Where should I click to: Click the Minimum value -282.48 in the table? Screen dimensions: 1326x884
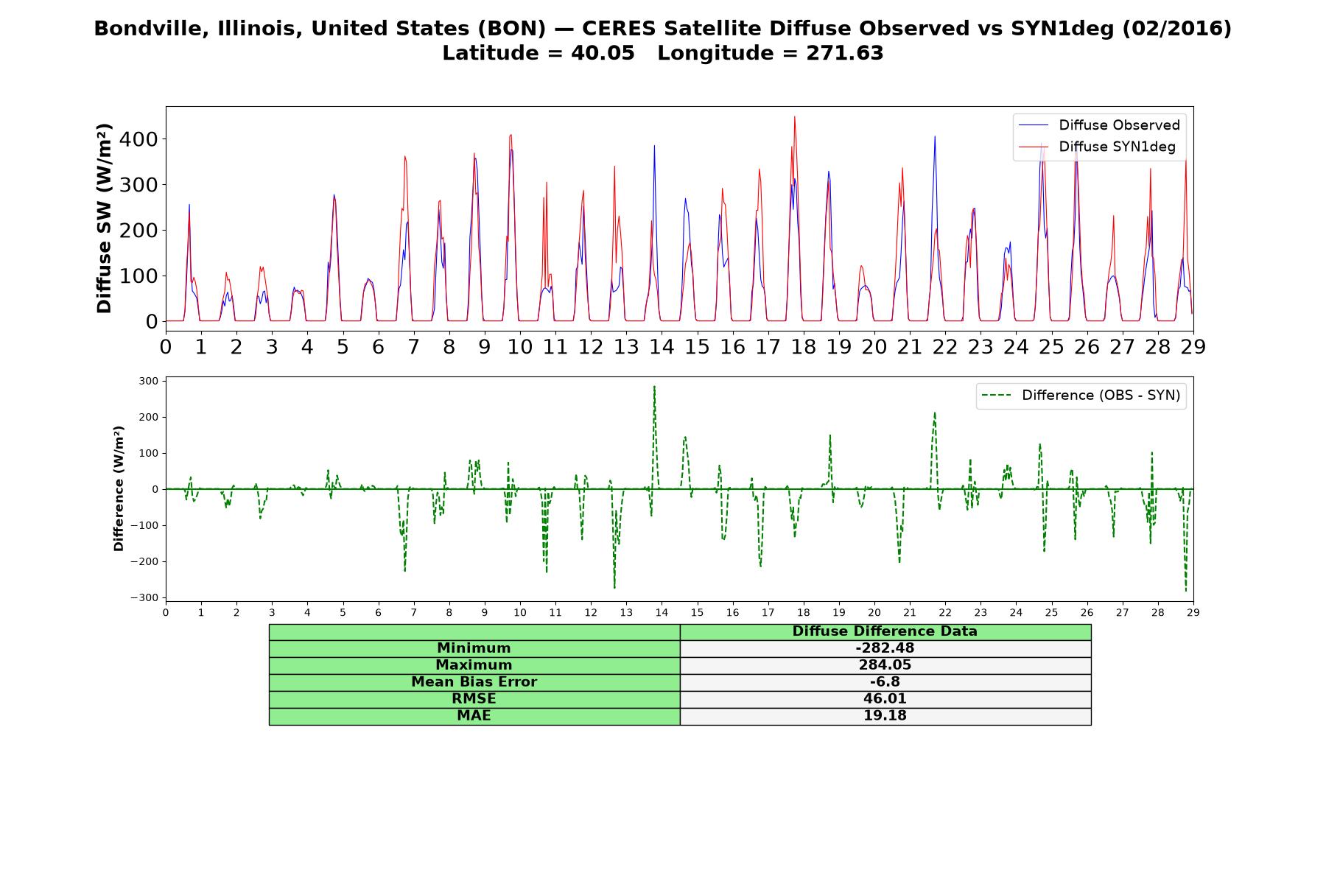885,648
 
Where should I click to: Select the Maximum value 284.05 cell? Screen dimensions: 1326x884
885,665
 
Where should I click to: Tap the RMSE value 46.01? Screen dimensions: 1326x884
885,699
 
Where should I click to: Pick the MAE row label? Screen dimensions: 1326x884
474,716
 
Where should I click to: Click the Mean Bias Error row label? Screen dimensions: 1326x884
474,682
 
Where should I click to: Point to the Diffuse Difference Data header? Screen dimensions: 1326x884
885,631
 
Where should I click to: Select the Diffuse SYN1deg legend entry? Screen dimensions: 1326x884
1097,147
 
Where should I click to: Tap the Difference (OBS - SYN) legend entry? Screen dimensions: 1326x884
1081,396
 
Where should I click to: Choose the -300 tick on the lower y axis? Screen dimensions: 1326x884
144,597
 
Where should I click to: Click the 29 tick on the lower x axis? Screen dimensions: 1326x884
1193,612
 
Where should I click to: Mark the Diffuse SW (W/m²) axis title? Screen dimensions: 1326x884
104,219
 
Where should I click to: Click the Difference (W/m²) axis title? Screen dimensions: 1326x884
119,488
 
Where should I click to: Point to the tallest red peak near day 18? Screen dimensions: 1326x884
795,116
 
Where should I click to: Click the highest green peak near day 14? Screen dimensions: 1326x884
654,387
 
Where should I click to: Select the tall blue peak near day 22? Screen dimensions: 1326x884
935,136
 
